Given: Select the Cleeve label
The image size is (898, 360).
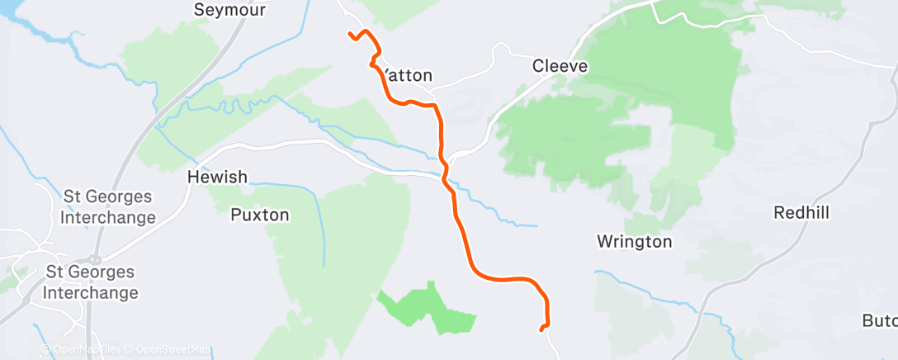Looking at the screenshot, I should click(560, 65).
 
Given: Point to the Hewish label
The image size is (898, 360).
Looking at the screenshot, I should click(217, 177).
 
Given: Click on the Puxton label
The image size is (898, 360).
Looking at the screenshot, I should click(259, 215).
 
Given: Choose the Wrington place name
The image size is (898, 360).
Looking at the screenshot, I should click(634, 242).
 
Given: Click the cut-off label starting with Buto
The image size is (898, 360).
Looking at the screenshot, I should click(879, 320).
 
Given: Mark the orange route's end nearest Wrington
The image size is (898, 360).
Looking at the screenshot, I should click(541, 329).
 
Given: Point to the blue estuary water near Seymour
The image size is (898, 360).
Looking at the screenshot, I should click(33, 29).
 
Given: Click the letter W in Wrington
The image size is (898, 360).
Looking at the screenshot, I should click(603, 242).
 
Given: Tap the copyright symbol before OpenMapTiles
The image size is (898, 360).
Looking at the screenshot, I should click(45, 350).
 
